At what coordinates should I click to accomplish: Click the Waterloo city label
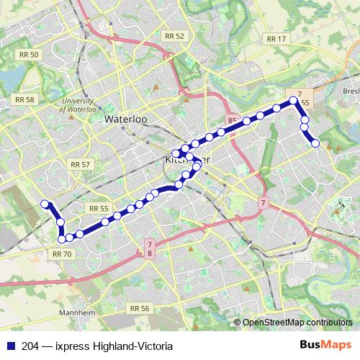tap(127, 120)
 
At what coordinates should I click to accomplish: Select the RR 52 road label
tap(174, 36)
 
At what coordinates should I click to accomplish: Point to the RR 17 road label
tap(276, 39)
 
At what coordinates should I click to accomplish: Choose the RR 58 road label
tap(24, 100)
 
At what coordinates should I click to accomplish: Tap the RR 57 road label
tap(81, 165)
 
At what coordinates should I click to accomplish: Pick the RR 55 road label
tap(99, 208)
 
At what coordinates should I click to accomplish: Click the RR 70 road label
tap(63, 253)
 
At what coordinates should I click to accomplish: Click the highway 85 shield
tap(231, 120)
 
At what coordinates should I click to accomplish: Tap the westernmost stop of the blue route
tap(45, 204)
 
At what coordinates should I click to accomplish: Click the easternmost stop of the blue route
tap(315, 143)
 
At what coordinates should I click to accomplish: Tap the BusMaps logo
tap(330, 346)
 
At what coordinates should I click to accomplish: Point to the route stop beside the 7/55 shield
tap(292, 101)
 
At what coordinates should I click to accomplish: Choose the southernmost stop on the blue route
tap(61, 239)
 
